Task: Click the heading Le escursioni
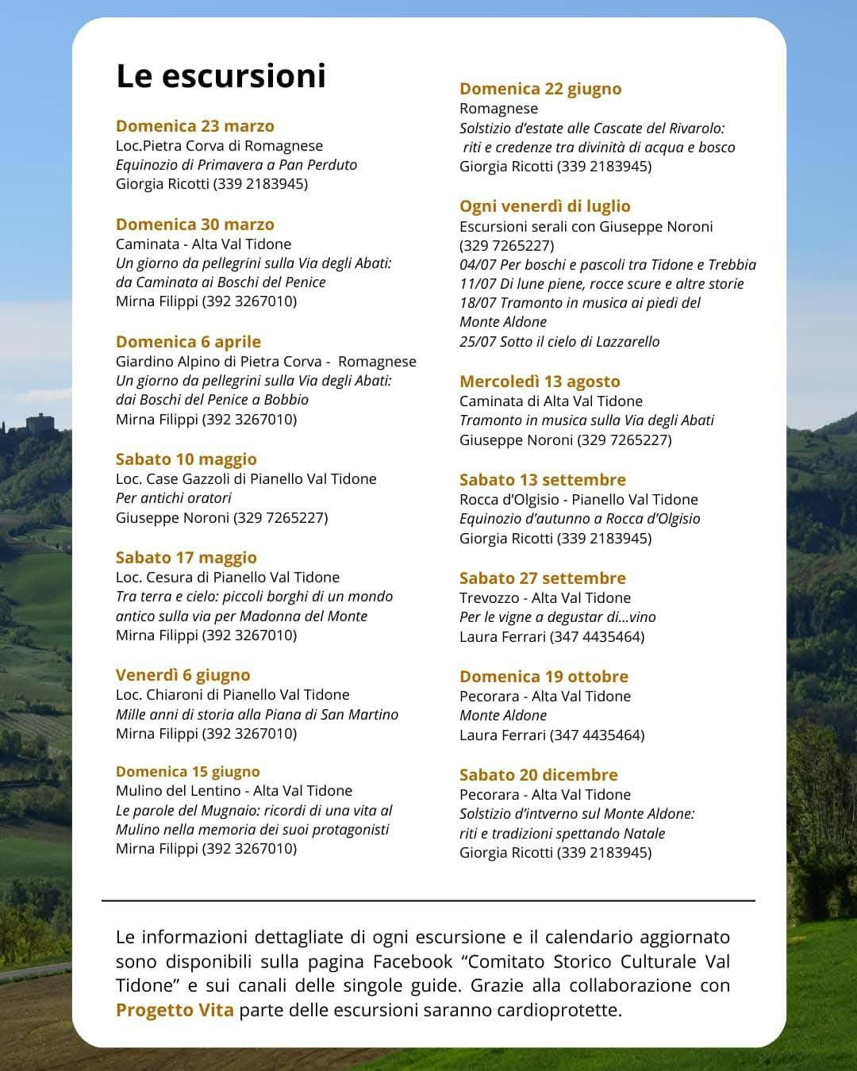tap(221, 76)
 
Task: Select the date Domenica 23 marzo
tap(195, 126)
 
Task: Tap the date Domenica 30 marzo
tap(195, 225)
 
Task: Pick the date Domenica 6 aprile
tap(188, 342)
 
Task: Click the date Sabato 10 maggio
tap(186, 459)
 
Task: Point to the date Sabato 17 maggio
tap(186, 558)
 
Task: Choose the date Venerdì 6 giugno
tap(183, 675)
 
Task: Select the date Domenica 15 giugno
tap(188, 772)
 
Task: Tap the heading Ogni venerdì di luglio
tap(545, 206)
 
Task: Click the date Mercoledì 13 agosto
tap(540, 382)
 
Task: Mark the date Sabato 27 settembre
tap(543, 578)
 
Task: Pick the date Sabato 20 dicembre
tap(539, 775)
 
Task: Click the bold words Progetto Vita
tap(175, 1010)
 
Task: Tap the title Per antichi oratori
tap(174, 498)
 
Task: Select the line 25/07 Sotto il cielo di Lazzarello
tap(559, 342)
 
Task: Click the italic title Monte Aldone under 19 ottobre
tap(503, 716)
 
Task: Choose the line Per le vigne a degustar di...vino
tap(558, 617)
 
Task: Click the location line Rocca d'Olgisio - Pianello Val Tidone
tap(578, 500)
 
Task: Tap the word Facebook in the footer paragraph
tap(413, 962)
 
